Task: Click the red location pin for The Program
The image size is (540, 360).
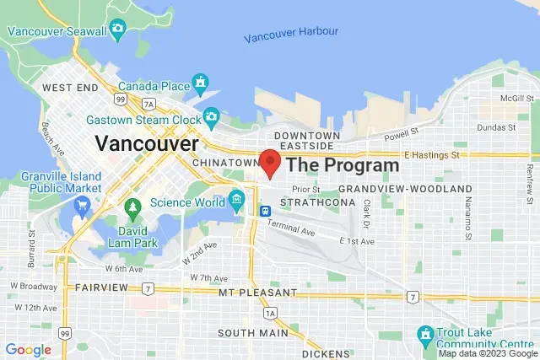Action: (270, 161)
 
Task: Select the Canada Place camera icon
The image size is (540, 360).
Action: (201, 83)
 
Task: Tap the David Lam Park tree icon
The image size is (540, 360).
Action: (132, 207)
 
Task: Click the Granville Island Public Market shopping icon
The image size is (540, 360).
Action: (82, 206)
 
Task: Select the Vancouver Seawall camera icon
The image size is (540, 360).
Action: (117, 30)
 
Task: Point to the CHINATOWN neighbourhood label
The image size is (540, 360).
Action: (224, 162)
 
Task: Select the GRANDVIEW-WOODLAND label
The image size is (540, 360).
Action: (405, 188)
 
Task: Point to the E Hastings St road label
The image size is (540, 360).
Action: (431, 155)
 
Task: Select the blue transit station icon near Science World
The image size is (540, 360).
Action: (266, 210)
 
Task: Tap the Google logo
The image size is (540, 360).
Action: (28, 349)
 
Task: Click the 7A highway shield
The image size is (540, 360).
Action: (149, 104)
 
